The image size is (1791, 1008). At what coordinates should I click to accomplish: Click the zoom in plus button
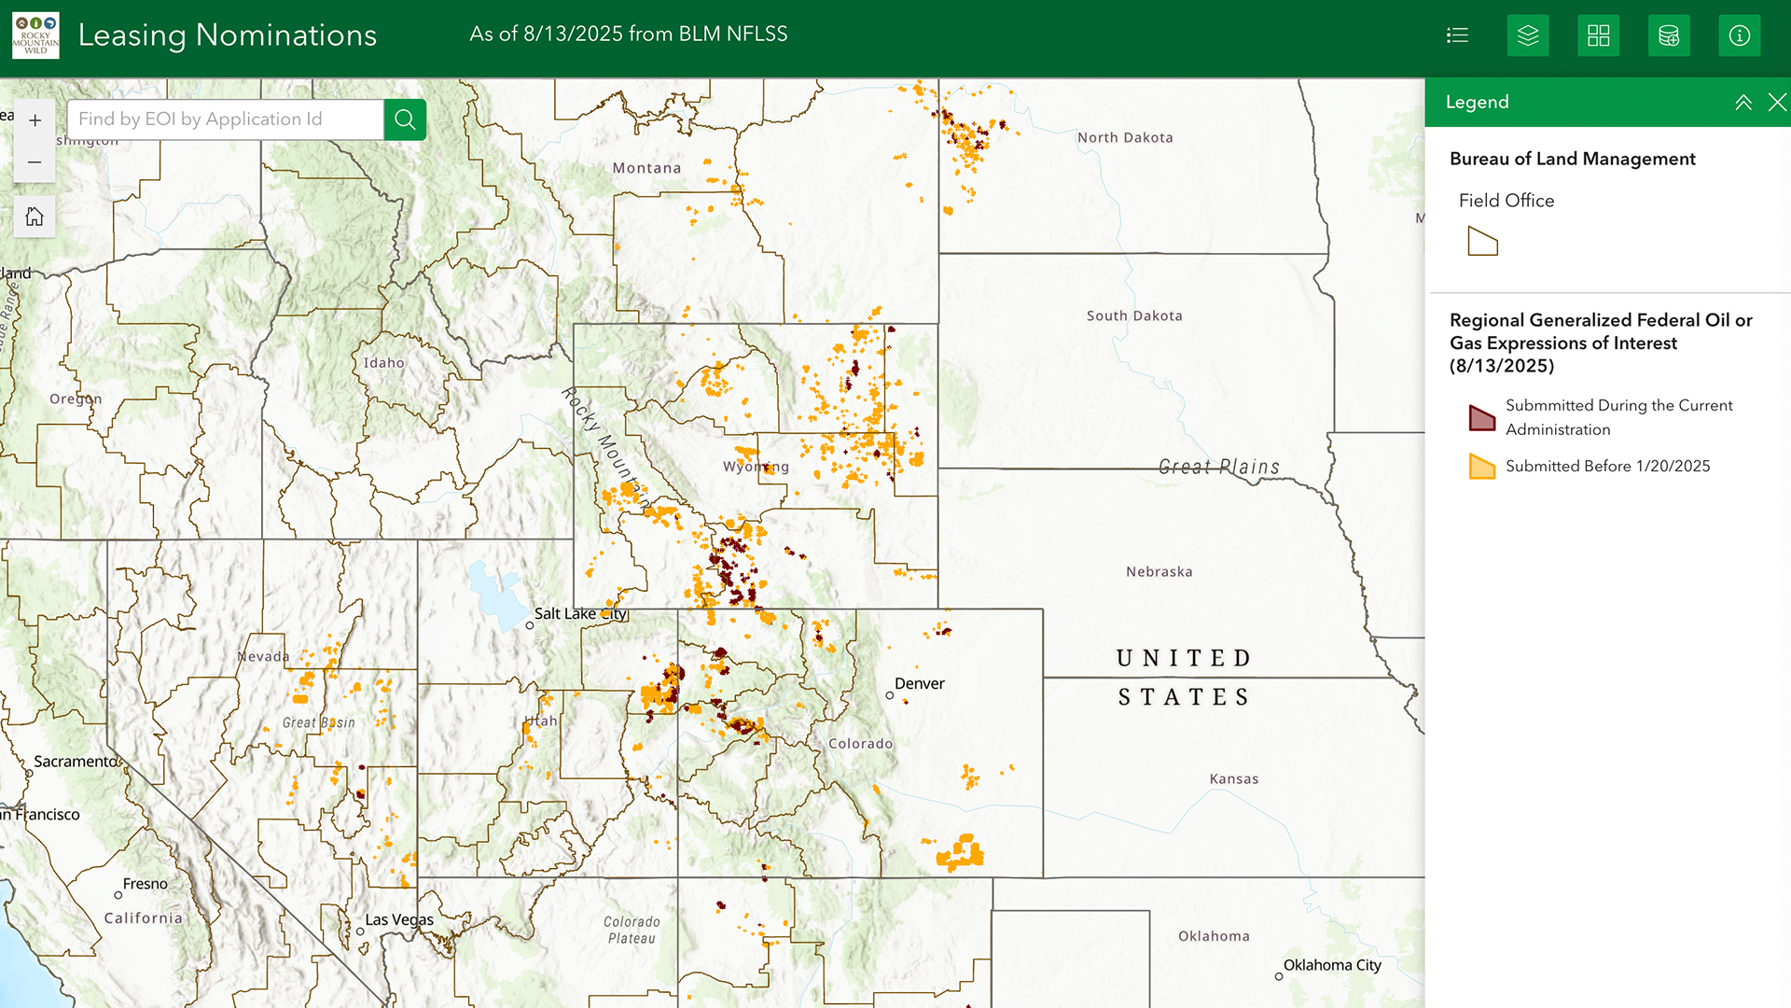35,120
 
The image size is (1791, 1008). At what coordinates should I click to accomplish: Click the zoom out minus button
35,162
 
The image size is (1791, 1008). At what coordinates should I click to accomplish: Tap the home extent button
35,217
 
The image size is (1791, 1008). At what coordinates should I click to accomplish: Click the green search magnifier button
405,119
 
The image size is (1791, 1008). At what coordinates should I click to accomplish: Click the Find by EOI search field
224,119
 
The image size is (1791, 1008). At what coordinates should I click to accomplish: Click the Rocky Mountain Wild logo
35,35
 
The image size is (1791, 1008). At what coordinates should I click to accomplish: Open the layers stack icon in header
1528,35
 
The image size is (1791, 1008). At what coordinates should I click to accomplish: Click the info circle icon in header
1739,35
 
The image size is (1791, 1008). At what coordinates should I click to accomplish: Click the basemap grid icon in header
1598,35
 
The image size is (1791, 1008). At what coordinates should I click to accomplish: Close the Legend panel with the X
1777,103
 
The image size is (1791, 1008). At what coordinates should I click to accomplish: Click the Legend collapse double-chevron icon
1742,103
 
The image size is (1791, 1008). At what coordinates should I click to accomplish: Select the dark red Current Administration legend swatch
1482,417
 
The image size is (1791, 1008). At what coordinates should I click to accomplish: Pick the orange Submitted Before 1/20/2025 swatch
1482,466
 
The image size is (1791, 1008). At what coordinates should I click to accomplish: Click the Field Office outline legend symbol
1482,242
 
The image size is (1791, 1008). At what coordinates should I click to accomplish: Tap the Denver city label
919,683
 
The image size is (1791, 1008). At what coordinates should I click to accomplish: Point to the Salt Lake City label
579,613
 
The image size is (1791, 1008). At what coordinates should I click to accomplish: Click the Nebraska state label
1159,571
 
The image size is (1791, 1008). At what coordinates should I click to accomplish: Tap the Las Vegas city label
398,919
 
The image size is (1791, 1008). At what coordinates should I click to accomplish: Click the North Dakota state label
1125,137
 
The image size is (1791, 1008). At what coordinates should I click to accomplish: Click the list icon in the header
1457,35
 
